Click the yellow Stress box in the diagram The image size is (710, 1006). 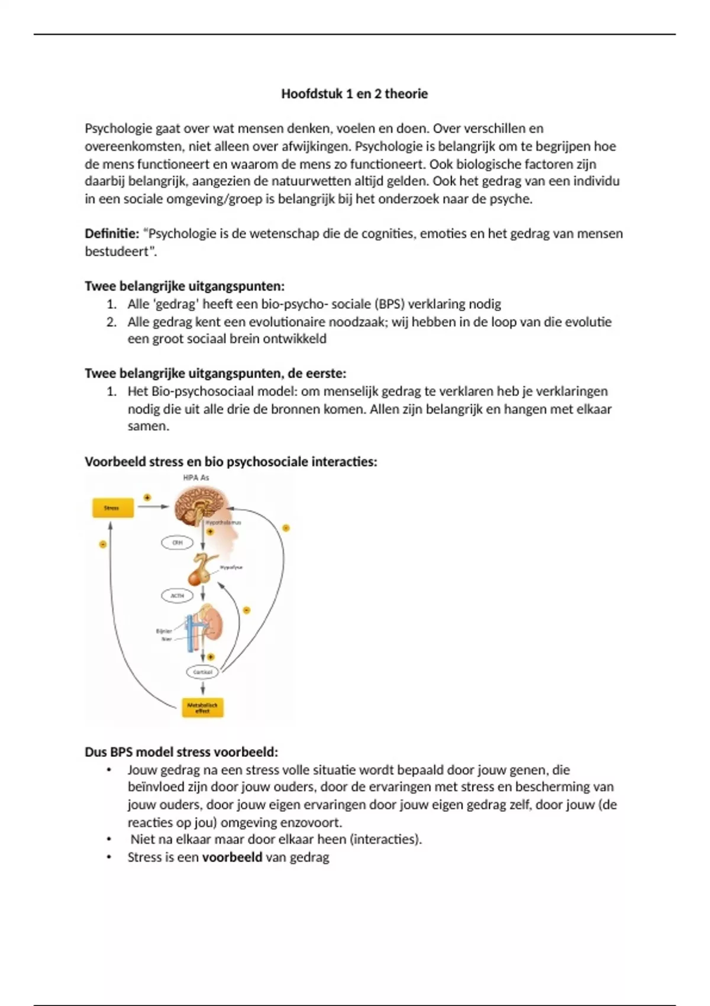(112, 508)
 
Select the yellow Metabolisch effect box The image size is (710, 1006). (202, 708)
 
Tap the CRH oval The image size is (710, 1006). (177, 542)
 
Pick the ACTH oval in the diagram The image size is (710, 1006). (177, 595)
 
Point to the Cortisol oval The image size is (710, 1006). (202, 672)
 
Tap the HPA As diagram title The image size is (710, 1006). (196, 478)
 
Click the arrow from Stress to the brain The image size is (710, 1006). (153, 507)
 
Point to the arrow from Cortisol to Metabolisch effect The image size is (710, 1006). (203, 688)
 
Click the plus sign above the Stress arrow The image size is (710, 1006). (147, 497)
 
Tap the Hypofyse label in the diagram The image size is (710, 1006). (231, 567)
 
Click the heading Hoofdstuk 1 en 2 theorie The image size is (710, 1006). (354, 93)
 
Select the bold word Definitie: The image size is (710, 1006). (112, 233)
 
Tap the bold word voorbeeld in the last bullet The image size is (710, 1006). (232, 857)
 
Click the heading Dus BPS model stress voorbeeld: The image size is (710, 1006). (181, 752)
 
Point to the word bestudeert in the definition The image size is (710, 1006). (117, 251)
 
